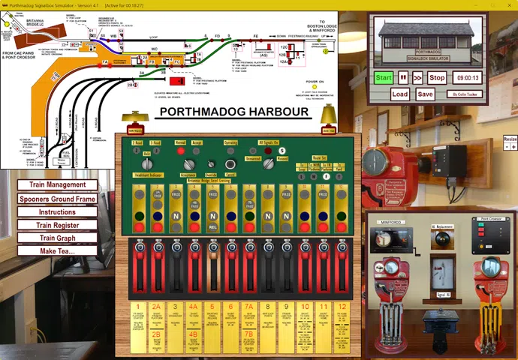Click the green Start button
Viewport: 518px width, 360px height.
[384, 77]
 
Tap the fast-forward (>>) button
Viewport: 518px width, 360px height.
[417, 77]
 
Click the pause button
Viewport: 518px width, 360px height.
[403, 77]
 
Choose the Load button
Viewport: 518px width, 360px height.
[400, 94]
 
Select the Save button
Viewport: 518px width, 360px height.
[425, 94]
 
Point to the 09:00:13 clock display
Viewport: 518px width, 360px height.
[466, 77]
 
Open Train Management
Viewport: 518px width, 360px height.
[57, 184]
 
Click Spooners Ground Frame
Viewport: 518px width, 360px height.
[57, 199]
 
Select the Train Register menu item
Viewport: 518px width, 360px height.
[57, 225]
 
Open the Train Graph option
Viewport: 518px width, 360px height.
[57, 238]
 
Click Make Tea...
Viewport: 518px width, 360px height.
[57, 251]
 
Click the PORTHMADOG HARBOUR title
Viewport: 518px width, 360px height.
[234, 112]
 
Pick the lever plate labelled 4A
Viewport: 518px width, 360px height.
[193, 307]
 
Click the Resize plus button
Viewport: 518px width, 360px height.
[513, 147]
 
